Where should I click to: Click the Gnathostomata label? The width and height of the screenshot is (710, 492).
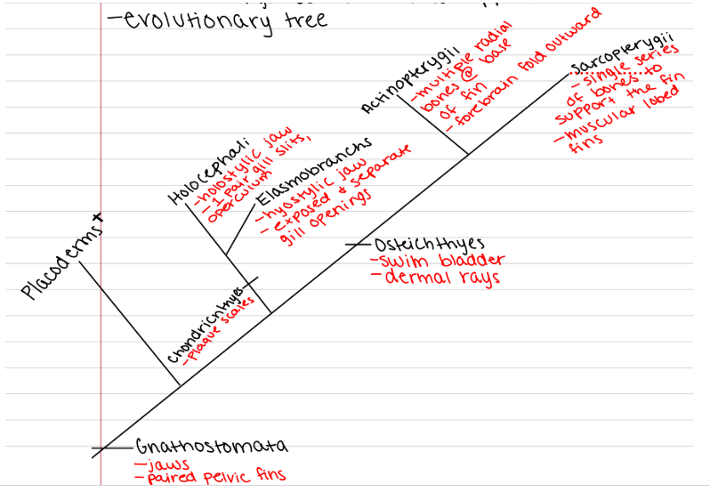pyautogui.click(x=213, y=446)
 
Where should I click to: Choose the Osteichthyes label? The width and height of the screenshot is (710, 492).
pyautogui.click(x=428, y=245)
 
